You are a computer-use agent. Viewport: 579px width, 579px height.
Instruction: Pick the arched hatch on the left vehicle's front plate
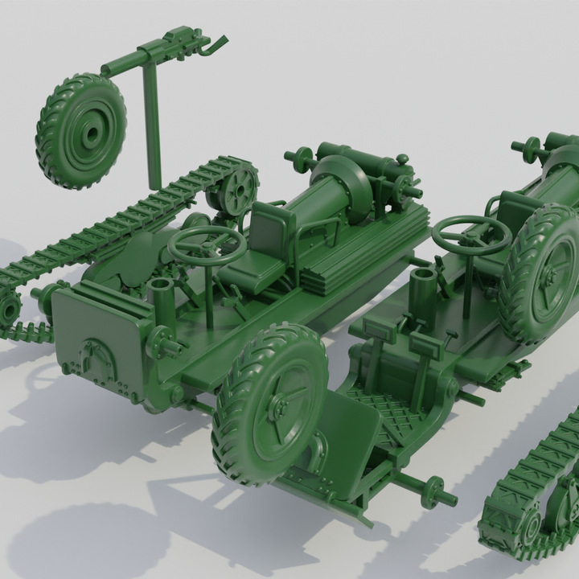96,358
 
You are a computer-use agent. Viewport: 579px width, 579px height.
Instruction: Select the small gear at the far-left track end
8,306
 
